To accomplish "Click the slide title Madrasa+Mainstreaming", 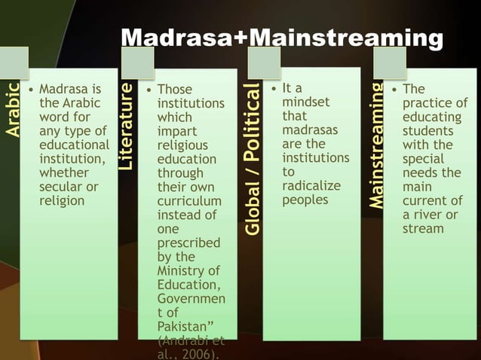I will tap(282, 39).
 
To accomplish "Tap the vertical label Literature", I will tap(127, 126).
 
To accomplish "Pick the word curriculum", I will tap(189, 201).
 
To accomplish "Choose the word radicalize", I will tap(311, 186).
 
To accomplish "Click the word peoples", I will tap(305, 200).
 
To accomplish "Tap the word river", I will tap(434, 215).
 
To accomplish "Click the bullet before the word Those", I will tap(149, 90).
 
